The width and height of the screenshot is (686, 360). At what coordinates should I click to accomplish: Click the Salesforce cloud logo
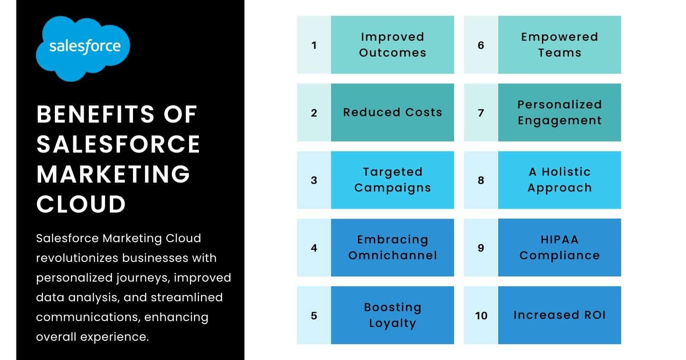click(83, 48)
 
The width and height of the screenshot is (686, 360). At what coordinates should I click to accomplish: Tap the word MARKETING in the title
click(113, 174)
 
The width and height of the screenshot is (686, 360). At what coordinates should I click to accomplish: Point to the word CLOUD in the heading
click(81, 204)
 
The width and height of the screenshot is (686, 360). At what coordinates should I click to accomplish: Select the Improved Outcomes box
click(392, 45)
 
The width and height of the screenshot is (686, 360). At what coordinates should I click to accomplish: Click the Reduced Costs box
click(392, 112)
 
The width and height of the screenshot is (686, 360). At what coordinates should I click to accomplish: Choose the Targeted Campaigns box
click(392, 180)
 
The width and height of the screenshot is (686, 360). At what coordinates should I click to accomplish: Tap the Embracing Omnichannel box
click(392, 248)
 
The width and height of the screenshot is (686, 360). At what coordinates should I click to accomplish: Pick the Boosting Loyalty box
click(392, 315)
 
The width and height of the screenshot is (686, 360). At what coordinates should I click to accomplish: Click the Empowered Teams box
click(559, 45)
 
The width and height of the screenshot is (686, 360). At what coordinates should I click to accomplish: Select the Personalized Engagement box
click(559, 112)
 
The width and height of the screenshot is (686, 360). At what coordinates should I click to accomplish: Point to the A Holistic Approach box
click(559, 180)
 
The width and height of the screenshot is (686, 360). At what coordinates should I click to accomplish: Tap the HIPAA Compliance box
click(559, 248)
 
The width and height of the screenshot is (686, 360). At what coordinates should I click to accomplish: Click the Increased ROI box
click(559, 315)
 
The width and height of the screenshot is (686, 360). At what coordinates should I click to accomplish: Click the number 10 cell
click(481, 315)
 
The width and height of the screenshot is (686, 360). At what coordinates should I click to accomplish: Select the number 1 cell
click(314, 45)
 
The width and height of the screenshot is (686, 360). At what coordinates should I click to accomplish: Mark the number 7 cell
click(481, 113)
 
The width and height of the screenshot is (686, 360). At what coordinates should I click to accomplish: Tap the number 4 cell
click(314, 248)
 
